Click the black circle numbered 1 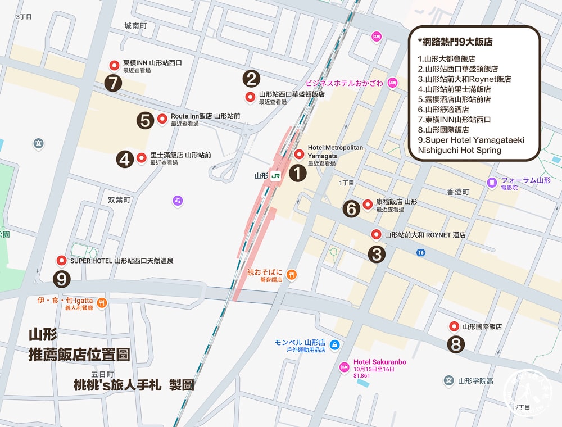coord(297,172)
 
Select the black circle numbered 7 coord(113,83)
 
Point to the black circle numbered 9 coord(61,278)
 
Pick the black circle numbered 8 coord(455,344)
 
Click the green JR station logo coord(275,176)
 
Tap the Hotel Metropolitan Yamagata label coord(336,151)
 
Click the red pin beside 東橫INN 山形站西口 coord(114,65)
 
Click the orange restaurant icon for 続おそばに coord(291,275)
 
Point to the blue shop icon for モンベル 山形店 coord(334,344)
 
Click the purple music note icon coord(178,200)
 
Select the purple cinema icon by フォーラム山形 coord(492,183)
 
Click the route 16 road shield coord(420,252)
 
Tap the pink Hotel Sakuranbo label coord(379,362)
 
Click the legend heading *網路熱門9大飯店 coord(455,42)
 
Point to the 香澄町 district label coord(457,192)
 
